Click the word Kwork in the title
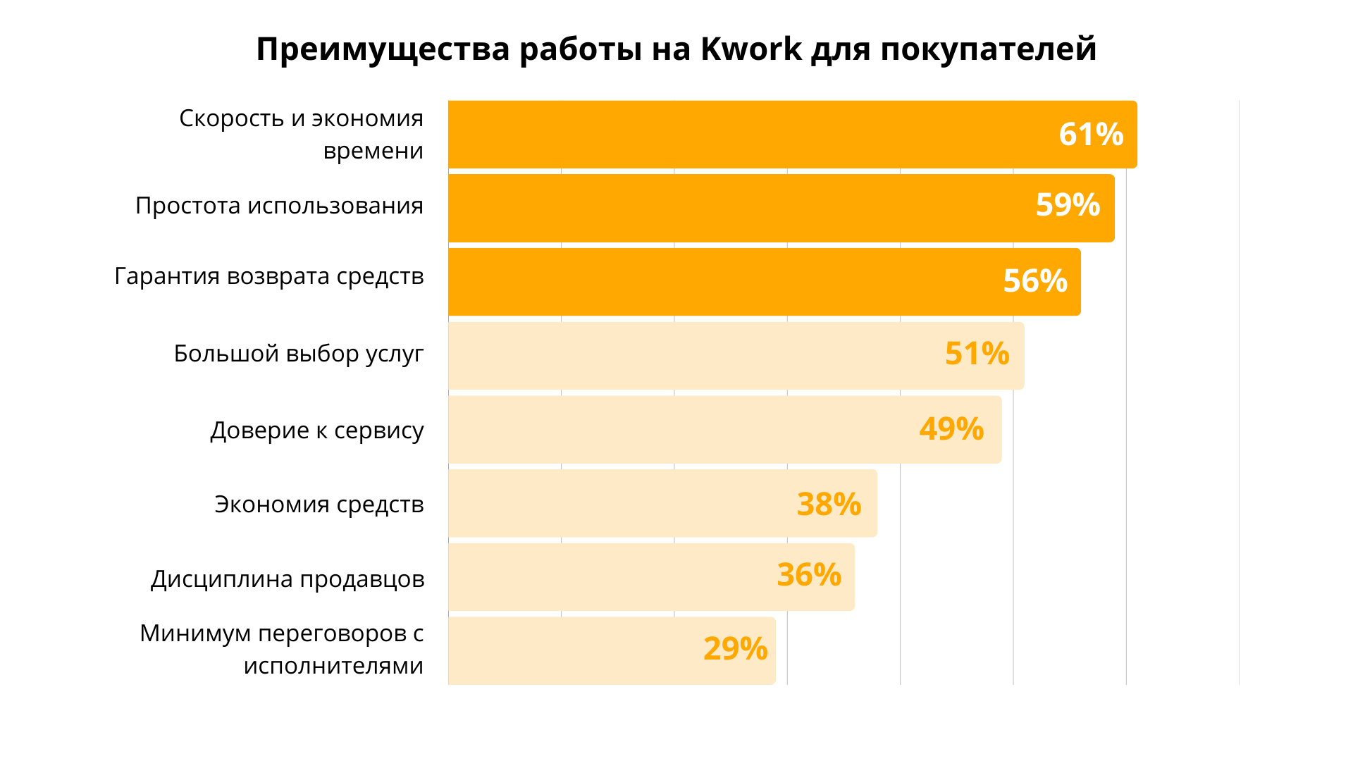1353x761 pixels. click(x=750, y=49)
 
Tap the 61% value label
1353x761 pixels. click(x=1091, y=135)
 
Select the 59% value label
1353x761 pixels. click(x=1068, y=205)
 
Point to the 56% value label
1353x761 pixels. click(x=1035, y=280)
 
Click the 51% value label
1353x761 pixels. click(x=977, y=354)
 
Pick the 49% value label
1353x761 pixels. click(x=951, y=429)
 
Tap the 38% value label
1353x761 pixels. click(x=829, y=505)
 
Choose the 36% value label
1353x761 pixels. click(x=809, y=575)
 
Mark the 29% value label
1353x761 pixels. click(x=735, y=649)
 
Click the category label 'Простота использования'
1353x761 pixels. click(x=279, y=206)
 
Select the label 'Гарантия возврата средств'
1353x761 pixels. click(x=269, y=276)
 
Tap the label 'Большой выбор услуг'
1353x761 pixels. click(x=299, y=353)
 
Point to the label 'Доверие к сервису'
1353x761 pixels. click(x=317, y=430)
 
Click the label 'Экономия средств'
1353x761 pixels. click(x=319, y=505)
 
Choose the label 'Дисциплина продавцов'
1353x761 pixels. click(x=288, y=579)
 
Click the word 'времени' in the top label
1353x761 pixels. click(x=373, y=151)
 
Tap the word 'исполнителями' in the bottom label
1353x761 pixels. click(x=333, y=665)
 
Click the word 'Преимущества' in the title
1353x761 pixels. click(x=383, y=49)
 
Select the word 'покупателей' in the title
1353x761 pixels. click(x=988, y=49)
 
